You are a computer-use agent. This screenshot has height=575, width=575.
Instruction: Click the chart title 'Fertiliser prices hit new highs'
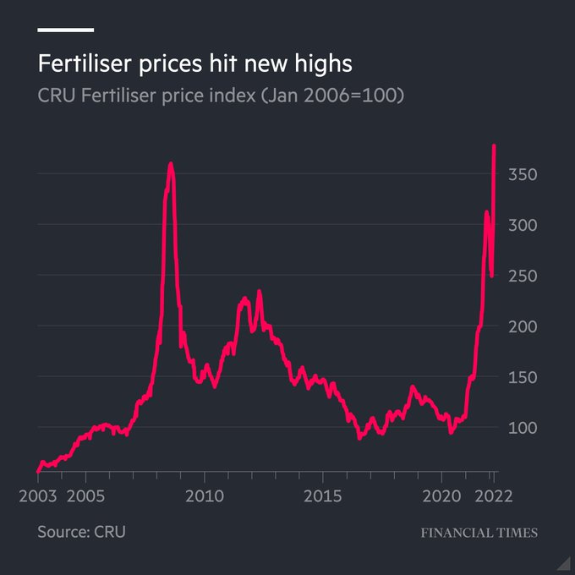pos(194,63)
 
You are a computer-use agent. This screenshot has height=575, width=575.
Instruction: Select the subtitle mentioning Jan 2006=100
pos(221,96)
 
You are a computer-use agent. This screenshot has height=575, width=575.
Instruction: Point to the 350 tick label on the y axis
pos(522,174)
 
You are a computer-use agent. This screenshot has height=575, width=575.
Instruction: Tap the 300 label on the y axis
pos(522,225)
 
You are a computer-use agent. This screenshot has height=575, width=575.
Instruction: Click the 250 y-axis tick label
pos(522,276)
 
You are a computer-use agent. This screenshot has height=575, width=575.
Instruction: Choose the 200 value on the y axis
pos(522,326)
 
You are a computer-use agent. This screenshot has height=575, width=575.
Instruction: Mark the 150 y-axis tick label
pos(522,377)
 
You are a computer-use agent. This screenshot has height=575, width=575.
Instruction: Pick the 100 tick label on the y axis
pos(522,428)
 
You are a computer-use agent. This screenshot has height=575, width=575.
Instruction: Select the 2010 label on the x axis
pos(205,495)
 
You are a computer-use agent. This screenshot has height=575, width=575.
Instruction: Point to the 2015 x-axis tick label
pos(324,495)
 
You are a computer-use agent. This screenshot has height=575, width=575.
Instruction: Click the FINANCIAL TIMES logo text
pos(479,533)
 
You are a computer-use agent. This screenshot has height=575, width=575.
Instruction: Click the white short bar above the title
pos(65,30)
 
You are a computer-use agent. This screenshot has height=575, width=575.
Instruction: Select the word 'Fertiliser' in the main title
pos(83,63)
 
